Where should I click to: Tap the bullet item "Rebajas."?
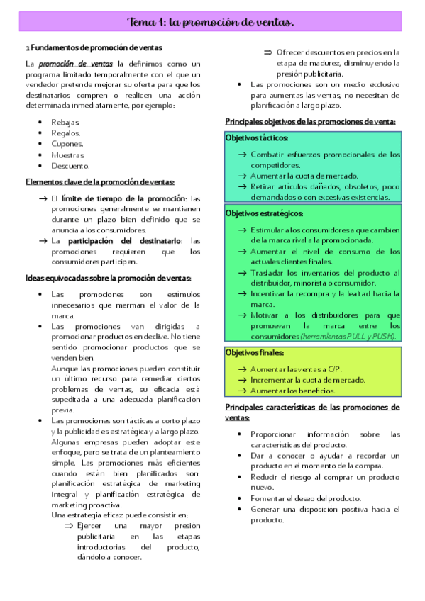(x=66, y=123)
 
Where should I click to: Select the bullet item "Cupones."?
(x=67, y=144)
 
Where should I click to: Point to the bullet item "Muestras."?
(x=68, y=155)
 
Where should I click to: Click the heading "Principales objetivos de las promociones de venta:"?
(x=310, y=121)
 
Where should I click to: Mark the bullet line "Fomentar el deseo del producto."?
(x=306, y=498)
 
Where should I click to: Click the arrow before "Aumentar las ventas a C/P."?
(x=243, y=369)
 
